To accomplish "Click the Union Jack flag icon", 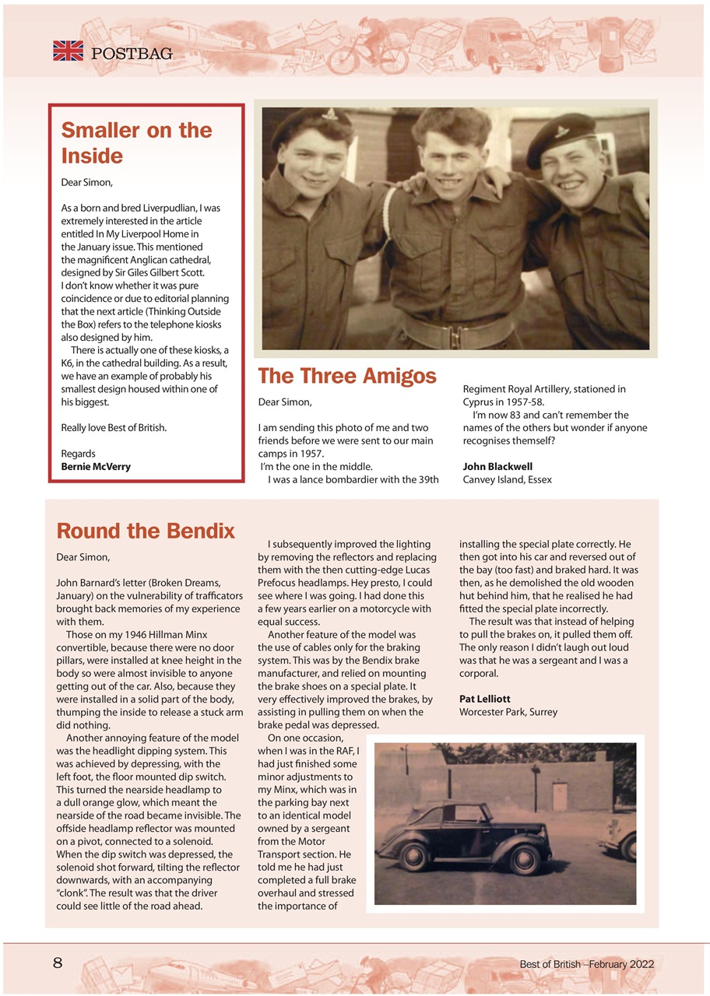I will click(x=68, y=51).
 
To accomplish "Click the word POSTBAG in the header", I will click(x=132, y=54).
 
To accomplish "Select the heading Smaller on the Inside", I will click(x=136, y=142).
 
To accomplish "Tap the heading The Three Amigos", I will click(x=346, y=377).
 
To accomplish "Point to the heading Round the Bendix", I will click(x=146, y=531).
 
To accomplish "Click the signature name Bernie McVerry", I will click(x=96, y=467).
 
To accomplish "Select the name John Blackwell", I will click(x=497, y=467).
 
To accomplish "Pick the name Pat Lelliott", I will click(x=484, y=699).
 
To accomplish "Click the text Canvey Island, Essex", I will click(x=507, y=479).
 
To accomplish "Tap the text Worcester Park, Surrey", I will click(x=508, y=712).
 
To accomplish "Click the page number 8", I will click(x=58, y=963).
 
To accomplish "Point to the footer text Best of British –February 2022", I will click(x=586, y=964).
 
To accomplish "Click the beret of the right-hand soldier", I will click(x=559, y=139).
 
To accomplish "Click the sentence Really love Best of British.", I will click(x=114, y=428).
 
